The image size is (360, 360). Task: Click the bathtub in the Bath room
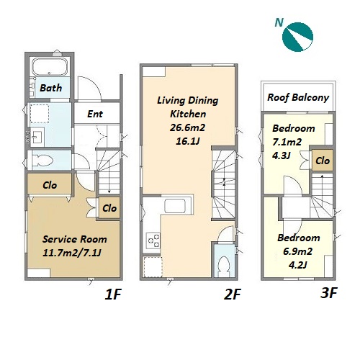tap(50, 67)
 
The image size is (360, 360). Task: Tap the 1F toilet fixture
tap(42, 160)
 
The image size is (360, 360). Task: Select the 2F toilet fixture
tap(224, 266)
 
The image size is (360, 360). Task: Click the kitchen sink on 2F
tap(175, 206)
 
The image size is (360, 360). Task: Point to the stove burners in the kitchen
tap(153, 240)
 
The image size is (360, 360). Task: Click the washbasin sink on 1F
tap(37, 136)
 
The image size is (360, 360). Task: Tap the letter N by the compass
tap(279, 22)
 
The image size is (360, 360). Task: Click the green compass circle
tap(297, 37)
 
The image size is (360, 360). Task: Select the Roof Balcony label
tap(298, 98)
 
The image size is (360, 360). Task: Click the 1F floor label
tap(113, 294)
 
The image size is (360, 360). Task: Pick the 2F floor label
tap(233, 294)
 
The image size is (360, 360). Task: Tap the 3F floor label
tap(329, 292)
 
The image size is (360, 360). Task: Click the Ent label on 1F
tap(95, 114)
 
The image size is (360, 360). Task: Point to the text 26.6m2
tap(188, 127)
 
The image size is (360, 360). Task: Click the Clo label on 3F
tap(323, 161)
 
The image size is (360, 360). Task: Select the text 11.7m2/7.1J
tap(72, 253)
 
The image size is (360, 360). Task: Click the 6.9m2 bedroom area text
tap(298, 251)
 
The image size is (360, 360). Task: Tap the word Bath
tap(51, 88)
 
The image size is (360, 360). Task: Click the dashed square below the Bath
tap(39, 114)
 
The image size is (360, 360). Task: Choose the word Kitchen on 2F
tap(188, 114)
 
